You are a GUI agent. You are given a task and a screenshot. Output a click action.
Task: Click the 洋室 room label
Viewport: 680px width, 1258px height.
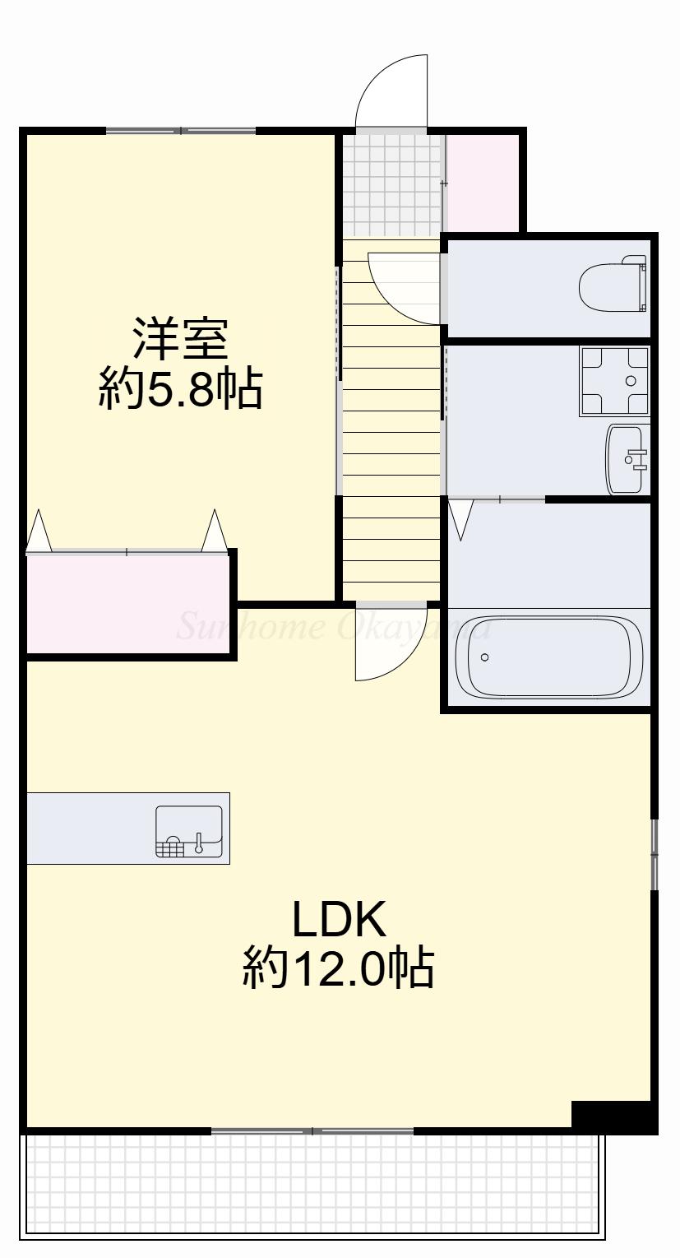point(181,339)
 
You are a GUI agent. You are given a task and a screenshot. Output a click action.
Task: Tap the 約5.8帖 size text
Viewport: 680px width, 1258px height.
point(181,389)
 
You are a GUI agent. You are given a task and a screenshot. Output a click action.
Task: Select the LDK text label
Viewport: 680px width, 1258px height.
point(340,920)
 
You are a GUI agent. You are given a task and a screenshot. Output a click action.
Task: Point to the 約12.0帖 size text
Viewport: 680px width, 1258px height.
point(338,969)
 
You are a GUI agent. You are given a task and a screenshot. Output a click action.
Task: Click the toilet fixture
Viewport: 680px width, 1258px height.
point(613,285)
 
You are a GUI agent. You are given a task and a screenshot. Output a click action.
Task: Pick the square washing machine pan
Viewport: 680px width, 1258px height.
point(613,381)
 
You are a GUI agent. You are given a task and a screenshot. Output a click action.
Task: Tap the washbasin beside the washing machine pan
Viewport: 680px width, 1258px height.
point(627,459)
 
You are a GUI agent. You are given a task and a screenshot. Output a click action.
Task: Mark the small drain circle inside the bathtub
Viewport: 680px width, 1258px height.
point(484,657)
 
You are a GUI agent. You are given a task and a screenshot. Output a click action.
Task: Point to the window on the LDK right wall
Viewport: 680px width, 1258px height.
point(655,854)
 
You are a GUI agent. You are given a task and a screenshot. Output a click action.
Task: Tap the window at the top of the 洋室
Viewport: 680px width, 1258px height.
point(181,131)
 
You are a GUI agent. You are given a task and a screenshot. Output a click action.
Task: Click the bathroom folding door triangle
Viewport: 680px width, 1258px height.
point(461,519)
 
